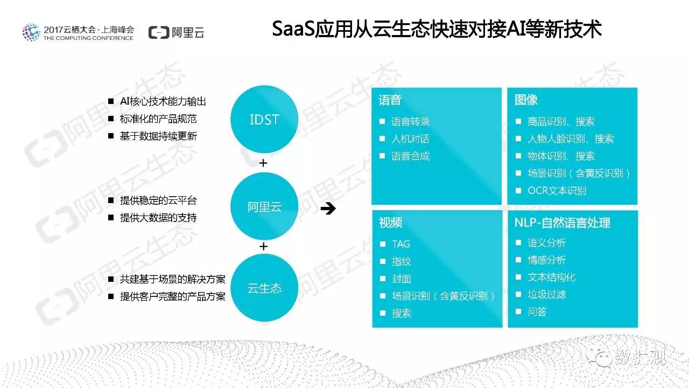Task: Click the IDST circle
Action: (x=264, y=119)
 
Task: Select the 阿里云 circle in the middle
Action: (x=264, y=206)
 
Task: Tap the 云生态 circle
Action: (x=264, y=288)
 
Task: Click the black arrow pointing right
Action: (x=328, y=209)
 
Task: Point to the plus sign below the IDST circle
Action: (x=263, y=163)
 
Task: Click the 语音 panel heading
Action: (x=390, y=100)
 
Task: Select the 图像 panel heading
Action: (x=526, y=100)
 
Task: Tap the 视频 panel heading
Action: (x=390, y=223)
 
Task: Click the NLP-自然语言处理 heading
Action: (x=563, y=223)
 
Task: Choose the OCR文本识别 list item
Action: (x=557, y=191)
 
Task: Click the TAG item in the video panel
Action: (x=401, y=244)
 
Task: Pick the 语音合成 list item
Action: (x=410, y=156)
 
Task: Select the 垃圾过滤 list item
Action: (x=547, y=294)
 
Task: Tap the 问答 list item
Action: (x=537, y=311)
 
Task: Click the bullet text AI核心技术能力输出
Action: (x=163, y=101)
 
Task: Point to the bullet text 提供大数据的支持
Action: (x=158, y=218)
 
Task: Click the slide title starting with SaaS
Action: (x=437, y=29)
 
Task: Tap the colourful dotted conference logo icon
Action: (x=31, y=32)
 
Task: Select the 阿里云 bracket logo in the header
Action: (x=176, y=32)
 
